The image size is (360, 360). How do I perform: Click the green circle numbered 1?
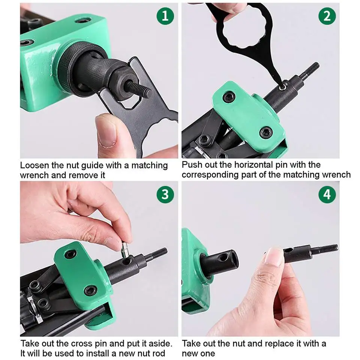coord(165,16)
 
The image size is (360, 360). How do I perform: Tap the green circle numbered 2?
coord(327,16)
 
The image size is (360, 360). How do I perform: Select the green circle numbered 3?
coord(165,194)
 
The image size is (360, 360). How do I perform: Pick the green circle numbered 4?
coord(327,194)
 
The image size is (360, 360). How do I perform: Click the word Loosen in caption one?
coord(34,165)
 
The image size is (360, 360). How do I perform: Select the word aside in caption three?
coord(160,343)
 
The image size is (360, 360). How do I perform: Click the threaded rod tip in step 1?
coord(139,90)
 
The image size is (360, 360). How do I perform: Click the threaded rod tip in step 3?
coord(160,253)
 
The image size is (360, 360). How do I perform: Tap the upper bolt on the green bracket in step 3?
coord(70,254)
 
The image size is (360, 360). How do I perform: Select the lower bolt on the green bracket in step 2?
coord(267,132)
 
